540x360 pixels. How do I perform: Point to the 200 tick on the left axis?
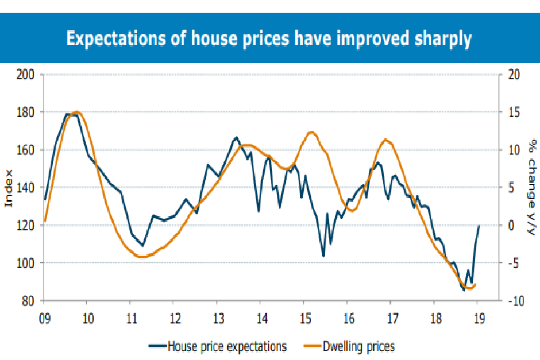coord(28,74)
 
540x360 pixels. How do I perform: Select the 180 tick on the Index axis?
coord(28,112)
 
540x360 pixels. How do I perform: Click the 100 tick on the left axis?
coord(28,263)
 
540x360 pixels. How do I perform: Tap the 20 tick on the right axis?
coord(515,74)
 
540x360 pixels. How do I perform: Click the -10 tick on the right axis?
coord(516,301)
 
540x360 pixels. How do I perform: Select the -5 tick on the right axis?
coord(515,263)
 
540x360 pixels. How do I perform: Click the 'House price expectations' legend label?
coord(226,346)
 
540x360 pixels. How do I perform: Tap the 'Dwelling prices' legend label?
coord(358,346)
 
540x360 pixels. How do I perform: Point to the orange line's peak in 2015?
coord(311,132)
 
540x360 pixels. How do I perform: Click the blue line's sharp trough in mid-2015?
coord(323,256)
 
